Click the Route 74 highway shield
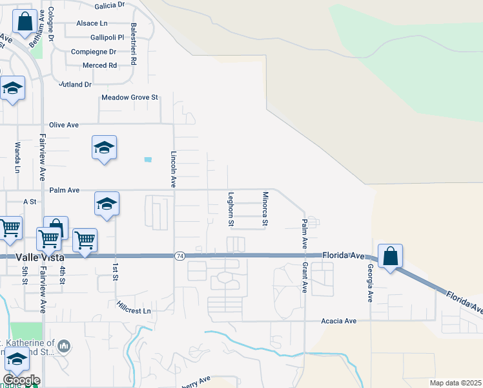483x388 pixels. (x=178, y=257)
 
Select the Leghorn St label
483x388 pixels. (x=231, y=208)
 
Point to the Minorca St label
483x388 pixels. (x=265, y=208)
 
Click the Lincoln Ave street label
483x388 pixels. (x=174, y=169)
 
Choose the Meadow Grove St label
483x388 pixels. (x=130, y=98)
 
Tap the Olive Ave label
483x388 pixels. (x=64, y=125)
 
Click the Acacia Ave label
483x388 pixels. (x=339, y=321)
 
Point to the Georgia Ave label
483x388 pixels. (x=371, y=283)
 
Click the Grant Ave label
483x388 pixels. (x=304, y=277)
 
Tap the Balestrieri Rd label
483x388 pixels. (x=134, y=44)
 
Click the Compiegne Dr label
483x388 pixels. (x=94, y=52)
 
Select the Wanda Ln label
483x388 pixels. (x=18, y=157)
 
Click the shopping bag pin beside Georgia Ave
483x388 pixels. (x=391, y=257)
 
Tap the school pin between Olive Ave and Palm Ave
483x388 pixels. (x=104, y=149)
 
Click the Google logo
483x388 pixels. (x=21, y=380)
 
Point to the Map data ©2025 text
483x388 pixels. (x=455, y=383)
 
